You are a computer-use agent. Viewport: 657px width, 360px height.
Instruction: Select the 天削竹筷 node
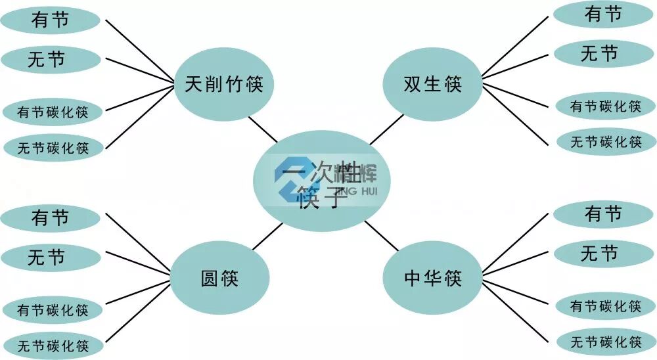pyautogui.click(x=223, y=84)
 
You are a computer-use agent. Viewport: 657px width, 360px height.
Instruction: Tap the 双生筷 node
pyautogui.click(x=432, y=84)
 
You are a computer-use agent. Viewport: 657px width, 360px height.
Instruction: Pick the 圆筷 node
pyautogui.click(x=219, y=278)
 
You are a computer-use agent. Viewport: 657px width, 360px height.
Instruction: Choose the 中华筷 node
pyautogui.click(x=432, y=278)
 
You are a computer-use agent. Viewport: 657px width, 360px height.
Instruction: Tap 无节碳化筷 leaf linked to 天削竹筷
pyautogui.click(x=53, y=148)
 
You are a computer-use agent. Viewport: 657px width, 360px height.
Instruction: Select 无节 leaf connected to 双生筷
pyautogui.click(x=599, y=53)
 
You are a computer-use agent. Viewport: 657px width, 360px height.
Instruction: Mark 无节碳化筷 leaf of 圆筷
pyautogui.click(x=53, y=345)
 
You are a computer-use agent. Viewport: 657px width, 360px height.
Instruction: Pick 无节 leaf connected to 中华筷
pyautogui.click(x=599, y=253)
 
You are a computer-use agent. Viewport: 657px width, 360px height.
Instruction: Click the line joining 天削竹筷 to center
pyautogui.click(x=263, y=129)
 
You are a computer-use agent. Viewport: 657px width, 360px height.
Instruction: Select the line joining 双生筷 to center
pyautogui.click(x=386, y=129)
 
